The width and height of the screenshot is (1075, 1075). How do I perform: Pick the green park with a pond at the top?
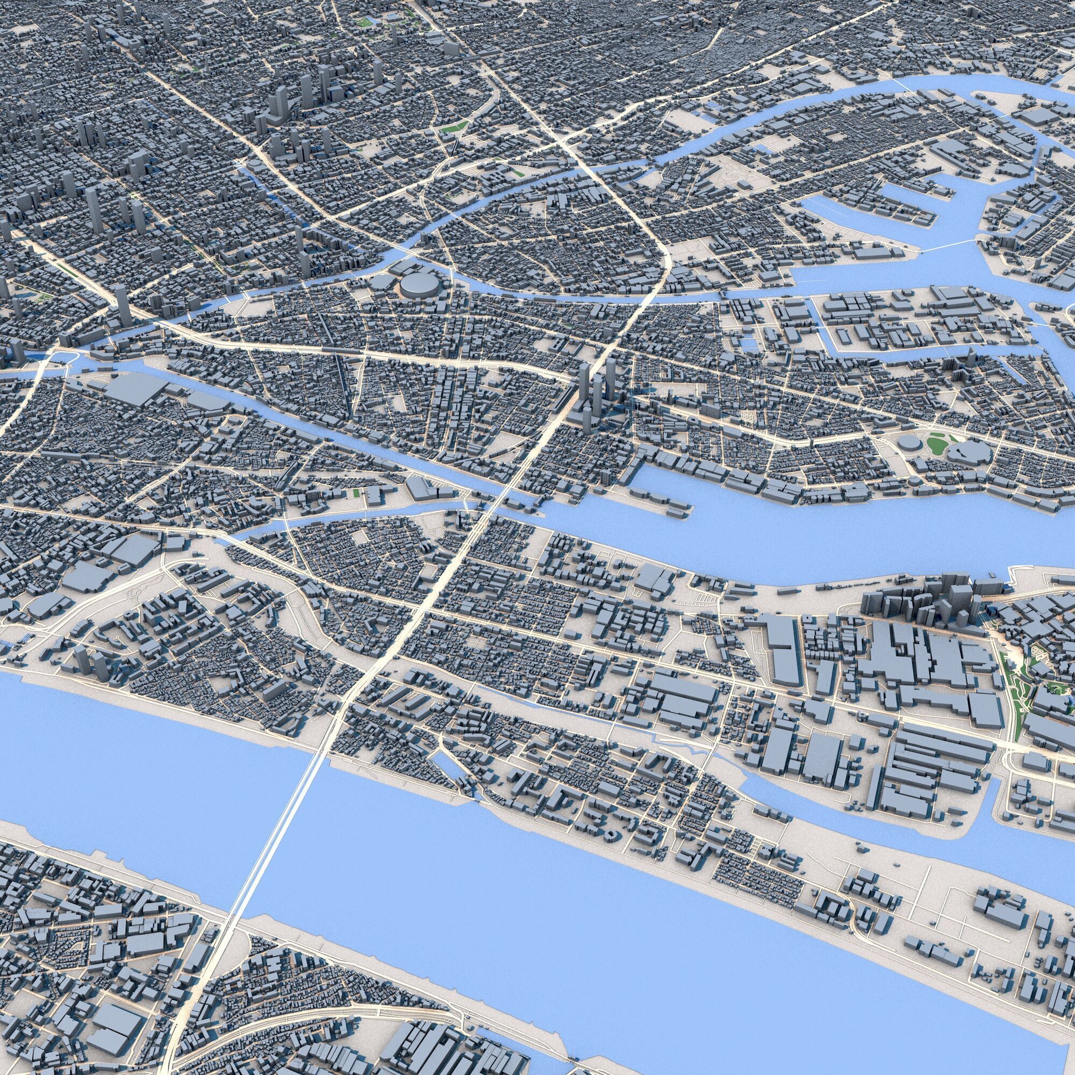point(364,21)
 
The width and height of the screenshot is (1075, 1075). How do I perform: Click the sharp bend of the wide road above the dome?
point(662,250)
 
